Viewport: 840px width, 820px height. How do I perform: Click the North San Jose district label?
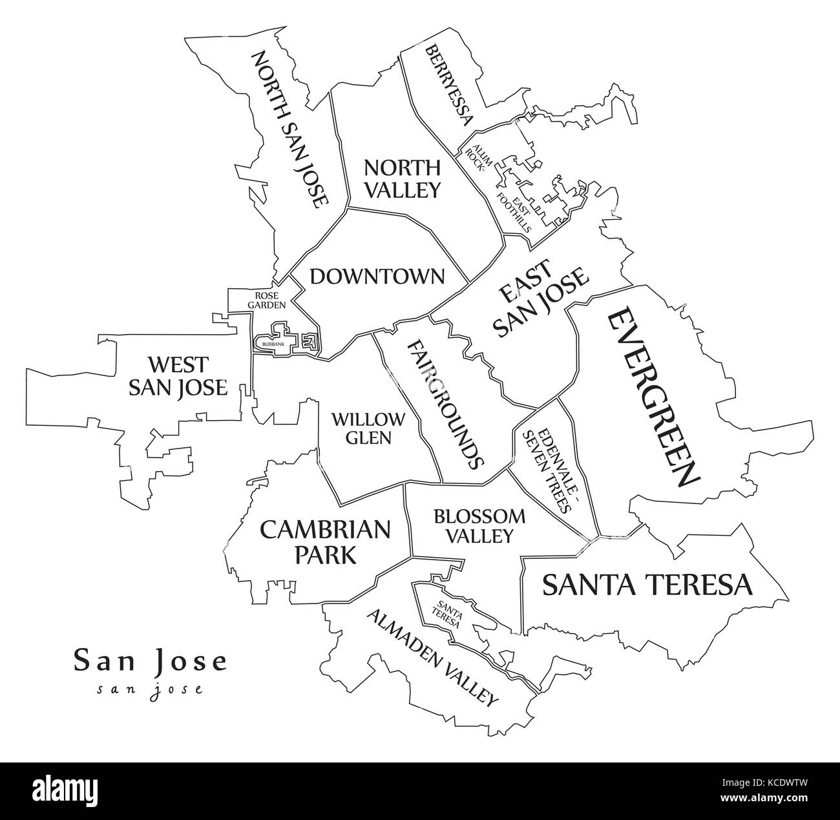[x=289, y=130]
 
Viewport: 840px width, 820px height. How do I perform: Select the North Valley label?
[x=402, y=178]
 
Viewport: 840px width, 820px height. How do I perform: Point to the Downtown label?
[x=377, y=277]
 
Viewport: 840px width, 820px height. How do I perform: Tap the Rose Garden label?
[x=262, y=299]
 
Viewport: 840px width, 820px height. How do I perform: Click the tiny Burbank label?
[x=273, y=344]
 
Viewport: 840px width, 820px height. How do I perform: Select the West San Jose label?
[x=178, y=375]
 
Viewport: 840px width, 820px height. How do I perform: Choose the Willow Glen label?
[x=368, y=428]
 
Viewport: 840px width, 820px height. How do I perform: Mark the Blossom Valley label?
[x=479, y=525]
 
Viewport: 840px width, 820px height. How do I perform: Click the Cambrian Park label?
[x=325, y=541]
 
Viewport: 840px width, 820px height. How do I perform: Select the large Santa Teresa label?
[x=647, y=585]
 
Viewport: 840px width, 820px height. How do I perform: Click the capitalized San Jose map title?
[x=150, y=660]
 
